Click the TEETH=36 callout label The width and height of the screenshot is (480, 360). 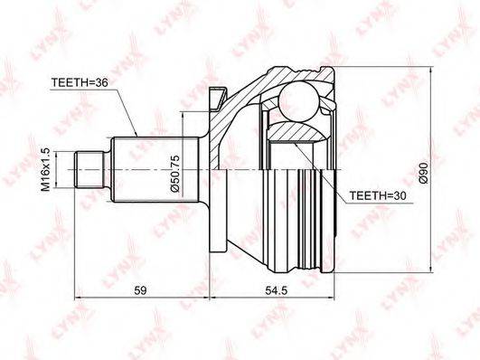coord(80,82)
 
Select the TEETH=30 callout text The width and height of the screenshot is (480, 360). coord(378,195)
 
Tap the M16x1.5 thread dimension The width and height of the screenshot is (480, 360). coord(45,169)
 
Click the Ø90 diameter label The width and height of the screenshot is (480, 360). coord(423,173)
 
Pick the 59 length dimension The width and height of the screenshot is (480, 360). coord(141,290)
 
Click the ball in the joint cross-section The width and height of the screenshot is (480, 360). coord(299,100)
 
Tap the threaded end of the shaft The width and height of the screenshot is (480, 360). coord(89,169)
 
